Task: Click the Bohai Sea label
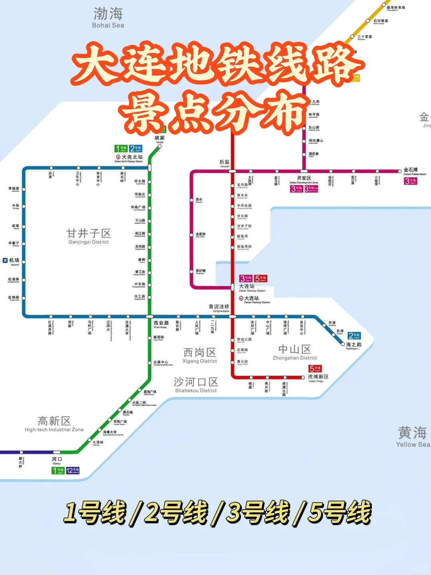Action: [x=108, y=18]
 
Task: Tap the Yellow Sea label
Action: [x=412, y=437]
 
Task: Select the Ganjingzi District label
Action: [x=89, y=236]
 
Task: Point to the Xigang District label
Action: [x=200, y=355]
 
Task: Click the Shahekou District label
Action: [x=196, y=385]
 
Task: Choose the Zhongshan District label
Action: [x=295, y=352]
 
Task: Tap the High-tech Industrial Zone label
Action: [x=54, y=424]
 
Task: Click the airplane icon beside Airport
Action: [x=5, y=260]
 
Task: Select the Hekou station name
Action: [x=57, y=460]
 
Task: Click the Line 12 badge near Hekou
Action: [x=73, y=470]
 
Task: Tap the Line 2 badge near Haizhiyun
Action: [x=354, y=336]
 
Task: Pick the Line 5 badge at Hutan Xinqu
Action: [x=315, y=369]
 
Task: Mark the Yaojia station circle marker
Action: [x=160, y=147]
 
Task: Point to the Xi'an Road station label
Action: [x=161, y=324]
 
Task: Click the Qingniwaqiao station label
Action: [x=219, y=308]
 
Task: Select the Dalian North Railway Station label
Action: [x=129, y=159]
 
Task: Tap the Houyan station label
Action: [x=224, y=163]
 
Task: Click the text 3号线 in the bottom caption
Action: [x=257, y=513]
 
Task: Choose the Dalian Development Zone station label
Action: [x=304, y=179]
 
